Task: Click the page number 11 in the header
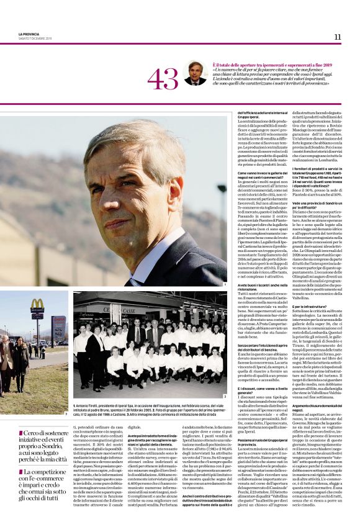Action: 337,37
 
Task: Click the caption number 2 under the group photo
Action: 224,395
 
